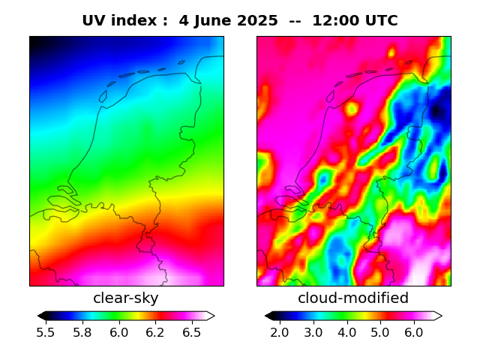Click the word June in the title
point(211,21)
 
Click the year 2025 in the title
point(258,21)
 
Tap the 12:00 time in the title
point(334,21)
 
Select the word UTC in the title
point(380,21)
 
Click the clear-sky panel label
point(125,298)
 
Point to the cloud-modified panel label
point(353,298)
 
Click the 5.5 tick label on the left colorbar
point(46,332)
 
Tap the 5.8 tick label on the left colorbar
point(82,332)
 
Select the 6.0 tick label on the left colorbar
point(118,332)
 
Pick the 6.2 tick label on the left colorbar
point(154,332)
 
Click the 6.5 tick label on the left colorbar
point(191,332)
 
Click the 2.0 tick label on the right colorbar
point(280,332)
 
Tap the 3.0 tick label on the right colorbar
point(313,332)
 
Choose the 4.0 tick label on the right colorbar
point(346,332)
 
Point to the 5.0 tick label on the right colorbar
point(380,332)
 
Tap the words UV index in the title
point(119,21)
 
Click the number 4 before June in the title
point(184,21)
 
